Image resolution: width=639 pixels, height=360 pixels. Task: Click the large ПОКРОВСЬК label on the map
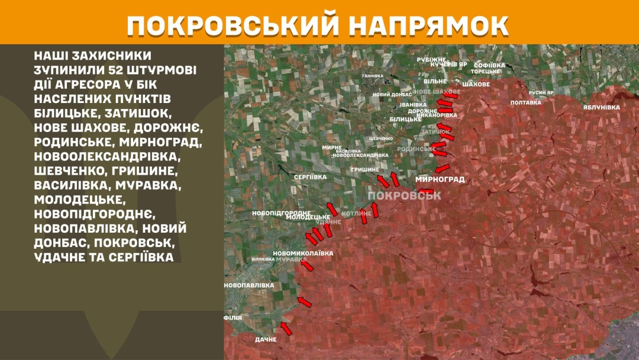pos(404,195)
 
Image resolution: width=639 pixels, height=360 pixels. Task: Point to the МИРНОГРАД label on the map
pos(440,179)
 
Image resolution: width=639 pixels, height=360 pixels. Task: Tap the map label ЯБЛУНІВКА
pos(601,107)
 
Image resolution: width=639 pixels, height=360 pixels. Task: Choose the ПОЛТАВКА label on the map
pos(525,102)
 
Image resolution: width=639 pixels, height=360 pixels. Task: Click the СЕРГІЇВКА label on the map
pos(310,177)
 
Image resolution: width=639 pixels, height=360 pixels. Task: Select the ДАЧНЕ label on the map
pos(266,339)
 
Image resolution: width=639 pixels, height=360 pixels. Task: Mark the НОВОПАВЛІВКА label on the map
pos(249,285)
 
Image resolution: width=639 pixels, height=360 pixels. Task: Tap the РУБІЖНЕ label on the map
pos(431,60)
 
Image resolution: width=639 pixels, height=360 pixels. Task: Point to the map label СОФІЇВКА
pos(489,65)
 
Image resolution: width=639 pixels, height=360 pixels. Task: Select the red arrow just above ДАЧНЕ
pos(286,328)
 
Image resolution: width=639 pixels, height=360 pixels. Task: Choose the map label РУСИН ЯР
pos(541,93)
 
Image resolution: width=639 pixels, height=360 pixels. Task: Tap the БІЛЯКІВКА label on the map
pos(261,259)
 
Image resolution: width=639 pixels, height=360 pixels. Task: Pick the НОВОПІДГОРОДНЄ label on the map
pos(281,213)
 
